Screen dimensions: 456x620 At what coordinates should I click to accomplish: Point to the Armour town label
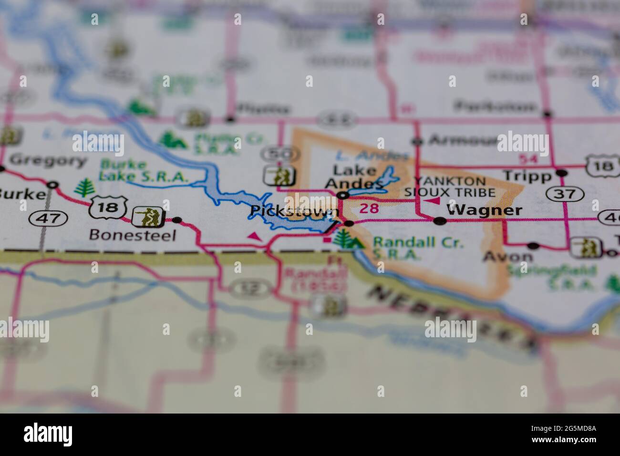tap(458, 140)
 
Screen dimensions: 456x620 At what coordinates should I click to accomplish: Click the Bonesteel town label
tap(133, 235)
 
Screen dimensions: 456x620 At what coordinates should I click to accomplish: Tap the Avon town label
tap(507, 257)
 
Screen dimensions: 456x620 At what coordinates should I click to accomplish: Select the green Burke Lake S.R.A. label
tap(143, 171)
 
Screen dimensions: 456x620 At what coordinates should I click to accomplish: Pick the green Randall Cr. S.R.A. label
tap(418, 248)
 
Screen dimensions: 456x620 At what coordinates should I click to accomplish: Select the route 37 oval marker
tap(566, 193)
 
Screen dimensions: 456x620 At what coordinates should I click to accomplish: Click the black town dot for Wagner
tap(440, 220)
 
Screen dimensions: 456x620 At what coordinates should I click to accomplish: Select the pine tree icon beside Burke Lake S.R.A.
tap(84, 187)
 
